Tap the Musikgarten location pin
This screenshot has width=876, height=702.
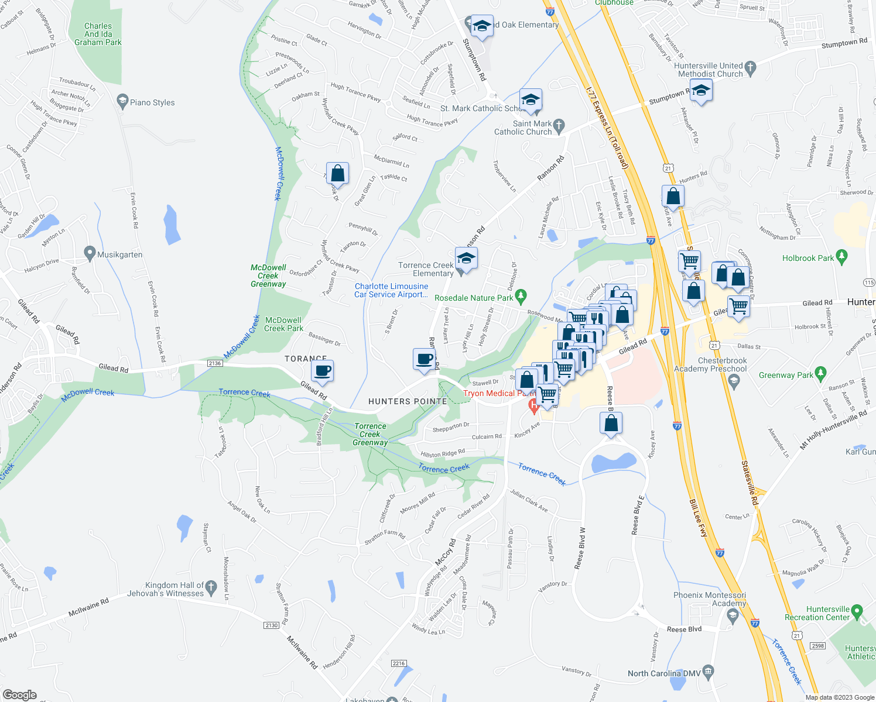[x=90, y=254]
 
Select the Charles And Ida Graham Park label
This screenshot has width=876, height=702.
[x=98, y=34]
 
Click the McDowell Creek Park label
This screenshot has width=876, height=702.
[x=283, y=324]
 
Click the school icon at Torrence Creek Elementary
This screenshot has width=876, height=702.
[x=466, y=258]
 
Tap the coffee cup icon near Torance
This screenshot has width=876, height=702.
[x=322, y=370]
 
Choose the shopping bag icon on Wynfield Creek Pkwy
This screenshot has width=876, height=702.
[x=337, y=173]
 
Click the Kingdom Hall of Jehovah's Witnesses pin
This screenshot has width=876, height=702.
[x=211, y=585]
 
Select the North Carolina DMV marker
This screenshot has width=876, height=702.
[x=708, y=670]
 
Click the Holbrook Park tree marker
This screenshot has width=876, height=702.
[x=841, y=256]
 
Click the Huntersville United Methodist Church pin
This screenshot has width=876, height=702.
[x=751, y=67]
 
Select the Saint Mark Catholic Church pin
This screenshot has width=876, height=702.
[x=559, y=125]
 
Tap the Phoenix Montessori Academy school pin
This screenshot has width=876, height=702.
[x=733, y=615]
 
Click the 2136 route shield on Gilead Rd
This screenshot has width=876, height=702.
[x=215, y=363]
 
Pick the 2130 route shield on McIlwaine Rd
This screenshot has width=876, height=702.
[x=271, y=625]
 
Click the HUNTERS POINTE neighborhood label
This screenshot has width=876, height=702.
[x=408, y=401]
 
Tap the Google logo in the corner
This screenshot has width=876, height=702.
[x=19, y=694]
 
